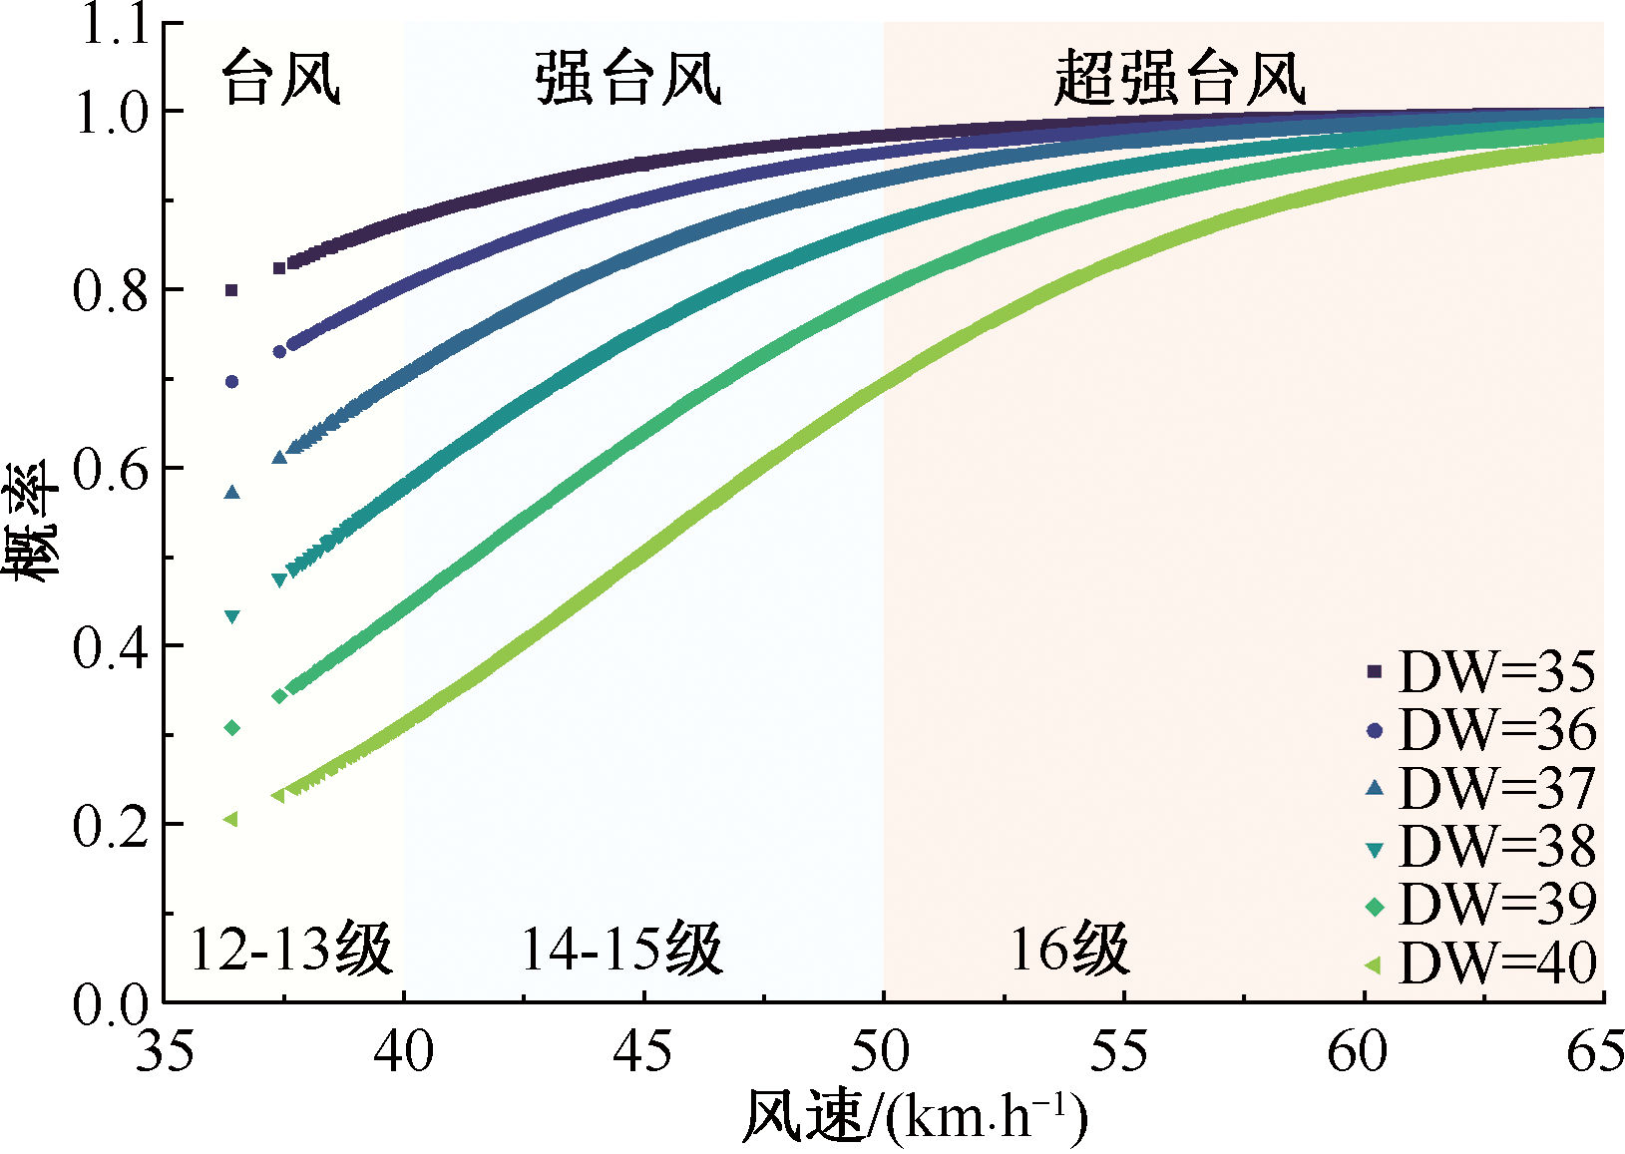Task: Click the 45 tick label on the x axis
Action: click(x=643, y=1051)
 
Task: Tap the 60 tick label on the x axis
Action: click(x=1363, y=1051)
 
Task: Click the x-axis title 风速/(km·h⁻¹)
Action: click(x=913, y=1117)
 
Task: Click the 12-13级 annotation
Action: click(x=291, y=949)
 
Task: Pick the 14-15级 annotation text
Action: click(x=621, y=949)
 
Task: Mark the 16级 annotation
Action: click(x=1069, y=949)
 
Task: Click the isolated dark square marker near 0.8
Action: click(x=231, y=290)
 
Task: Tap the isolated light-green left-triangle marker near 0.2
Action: click(x=230, y=819)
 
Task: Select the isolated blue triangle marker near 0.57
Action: click(x=232, y=492)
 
